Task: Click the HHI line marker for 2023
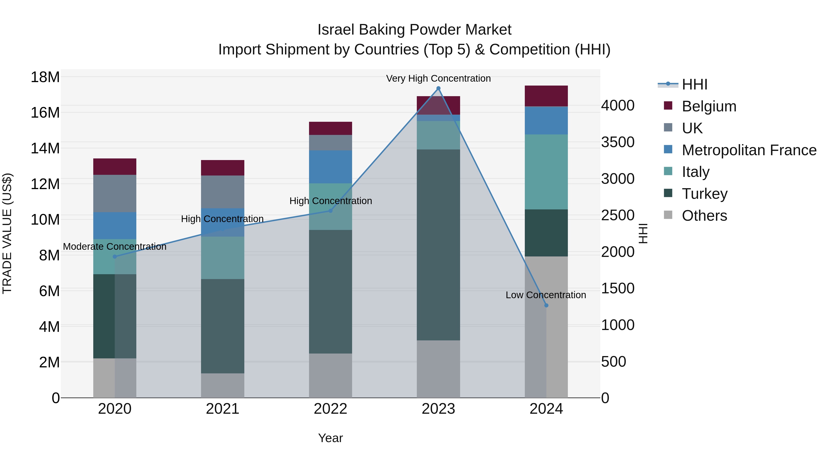[438, 88]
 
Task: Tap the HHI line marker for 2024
[546, 305]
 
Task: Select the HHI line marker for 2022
[330, 211]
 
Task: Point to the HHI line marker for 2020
[115, 256]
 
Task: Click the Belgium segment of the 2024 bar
[546, 96]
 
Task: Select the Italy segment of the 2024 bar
[546, 172]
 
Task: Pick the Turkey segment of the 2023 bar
[438, 245]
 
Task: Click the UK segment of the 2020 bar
[115, 193]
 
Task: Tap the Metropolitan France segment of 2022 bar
[330, 167]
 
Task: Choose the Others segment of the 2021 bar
[223, 385]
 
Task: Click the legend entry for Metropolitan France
[749, 150]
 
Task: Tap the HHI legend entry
[695, 84]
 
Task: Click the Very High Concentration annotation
[438, 78]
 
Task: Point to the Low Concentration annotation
[546, 295]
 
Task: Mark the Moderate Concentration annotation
[115, 247]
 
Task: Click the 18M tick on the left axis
[45, 77]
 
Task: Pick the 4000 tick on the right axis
[618, 105]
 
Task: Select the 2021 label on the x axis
[223, 409]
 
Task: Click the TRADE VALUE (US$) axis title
[7, 233]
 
